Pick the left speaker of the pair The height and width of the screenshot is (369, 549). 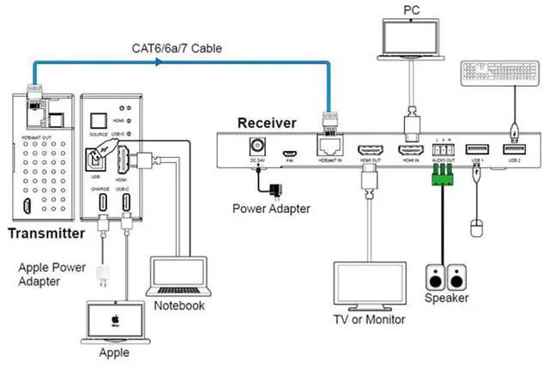pyautogui.click(x=434, y=278)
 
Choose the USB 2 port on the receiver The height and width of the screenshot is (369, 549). pyautogui.click(x=514, y=151)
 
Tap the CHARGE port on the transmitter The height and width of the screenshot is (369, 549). pyautogui.click(x=102, y=203)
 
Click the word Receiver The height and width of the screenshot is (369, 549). pyautogui.click(x=267, y=123)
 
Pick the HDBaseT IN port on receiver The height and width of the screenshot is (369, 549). pyautogui.click(x=330, y=148)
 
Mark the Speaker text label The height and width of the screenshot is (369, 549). pyautogui.click(x=446, y=299)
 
